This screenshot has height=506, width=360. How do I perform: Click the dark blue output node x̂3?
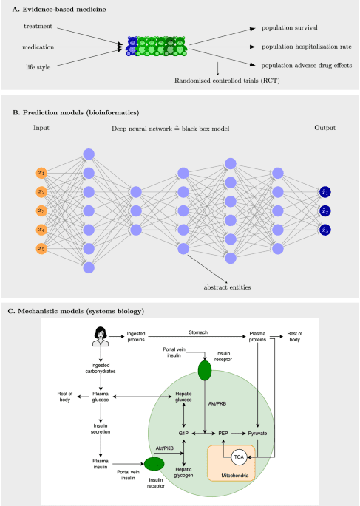pyautogui.click(x=325, y=230)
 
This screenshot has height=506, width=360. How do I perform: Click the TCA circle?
pyautogui.click(x=238, y=458)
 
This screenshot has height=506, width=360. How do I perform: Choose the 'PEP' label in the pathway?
pyautogui.click(x=223, y=433)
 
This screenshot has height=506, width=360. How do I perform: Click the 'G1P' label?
pyautogui.click(x=184, y=433)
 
